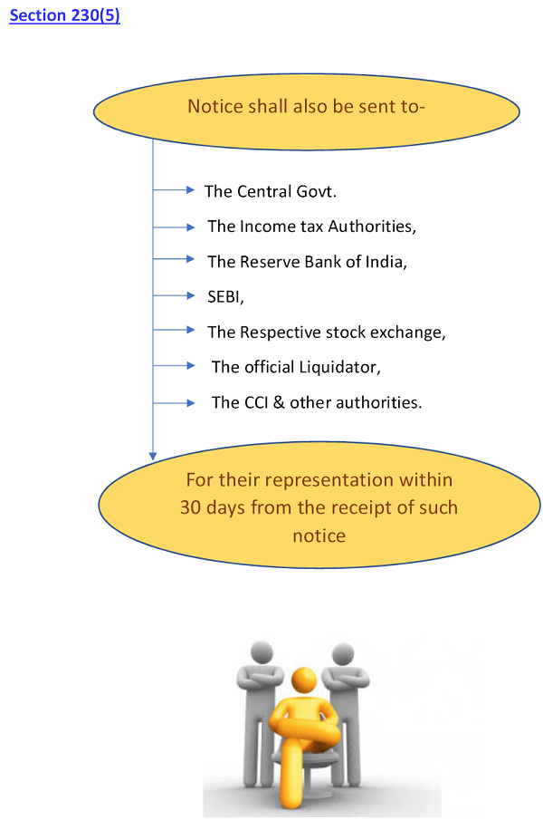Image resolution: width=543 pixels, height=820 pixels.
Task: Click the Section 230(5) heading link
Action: [64, 16]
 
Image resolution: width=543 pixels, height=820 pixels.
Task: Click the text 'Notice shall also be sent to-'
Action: [306, 107]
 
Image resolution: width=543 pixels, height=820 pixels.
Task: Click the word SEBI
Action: [224, 296]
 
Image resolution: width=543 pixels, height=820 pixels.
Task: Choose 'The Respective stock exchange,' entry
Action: [327, 332]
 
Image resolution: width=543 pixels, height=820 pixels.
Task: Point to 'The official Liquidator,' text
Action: [296, 367]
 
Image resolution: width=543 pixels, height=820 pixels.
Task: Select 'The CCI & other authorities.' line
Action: [317, 402]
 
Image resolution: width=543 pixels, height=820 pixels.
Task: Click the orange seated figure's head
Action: [305, 679]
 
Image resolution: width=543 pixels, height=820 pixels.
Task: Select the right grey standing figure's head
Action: [342, 653]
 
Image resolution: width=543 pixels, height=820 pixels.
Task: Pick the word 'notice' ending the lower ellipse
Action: [319, 535]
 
